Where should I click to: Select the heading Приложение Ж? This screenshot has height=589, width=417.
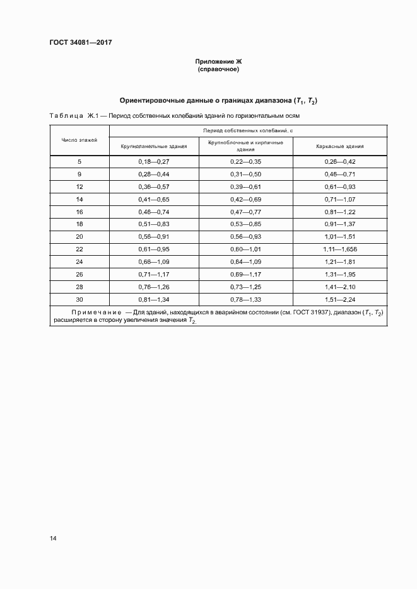pyautogui.click(x=217, y=61)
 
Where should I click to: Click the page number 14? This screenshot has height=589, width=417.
pyautogui.click(x=53, y=539)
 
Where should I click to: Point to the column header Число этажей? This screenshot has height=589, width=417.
pyautogui.click(x=79, y=140)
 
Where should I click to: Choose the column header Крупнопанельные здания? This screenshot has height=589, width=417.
pyautogui.click(x=154, y=146)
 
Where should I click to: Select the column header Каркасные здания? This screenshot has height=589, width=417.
pyautogui.click(x=340, y=146)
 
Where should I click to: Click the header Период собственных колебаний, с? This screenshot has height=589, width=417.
pyautogui.click(x=249, y=130)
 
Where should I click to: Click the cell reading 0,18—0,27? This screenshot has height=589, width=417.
pyautogui.click(x=154, y=162)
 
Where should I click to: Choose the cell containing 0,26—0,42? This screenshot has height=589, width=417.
pyautogui.click(x=340, y=162)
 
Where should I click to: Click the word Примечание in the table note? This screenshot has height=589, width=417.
pyautogui.click(x=95, y=313)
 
